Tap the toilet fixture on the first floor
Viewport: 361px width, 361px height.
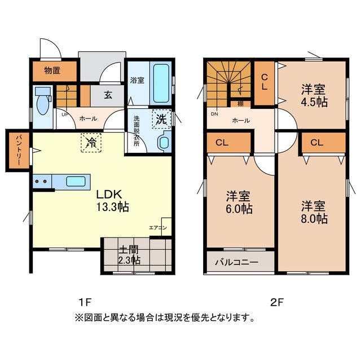coord(42,102)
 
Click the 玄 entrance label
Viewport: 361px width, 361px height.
coord(107,95)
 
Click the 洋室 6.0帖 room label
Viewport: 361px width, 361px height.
coord(239,202)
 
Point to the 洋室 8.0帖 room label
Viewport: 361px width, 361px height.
coord(314,212)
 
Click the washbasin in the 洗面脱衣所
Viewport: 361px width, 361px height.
coord(164,142)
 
